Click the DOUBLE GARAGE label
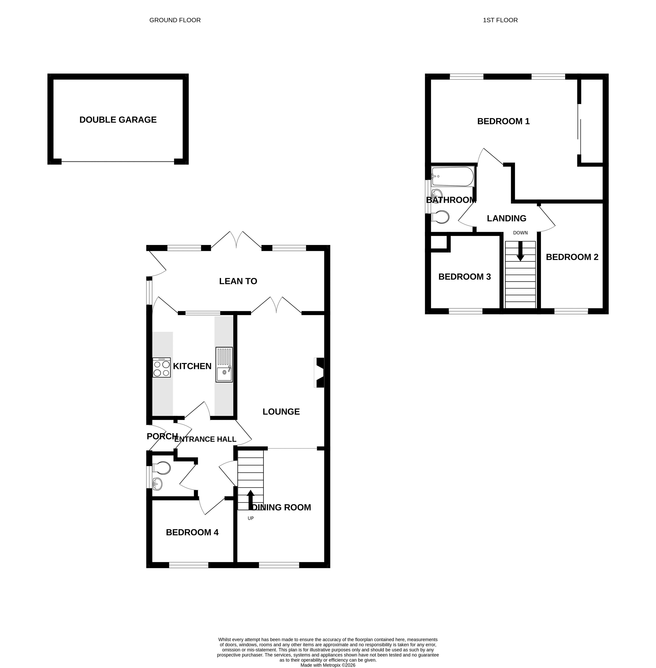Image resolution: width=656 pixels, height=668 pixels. [118, 120]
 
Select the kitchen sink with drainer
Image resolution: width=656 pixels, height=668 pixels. [224, 365]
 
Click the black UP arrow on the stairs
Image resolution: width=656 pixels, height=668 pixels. [250, 500]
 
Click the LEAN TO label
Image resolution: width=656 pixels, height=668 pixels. [238, 281]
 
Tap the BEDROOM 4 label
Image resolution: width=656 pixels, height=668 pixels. [192, 532]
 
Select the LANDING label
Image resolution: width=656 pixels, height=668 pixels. [507, 218]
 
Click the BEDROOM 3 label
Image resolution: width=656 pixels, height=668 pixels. [464, 277]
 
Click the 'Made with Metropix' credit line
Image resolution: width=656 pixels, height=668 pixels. [328, 665]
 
